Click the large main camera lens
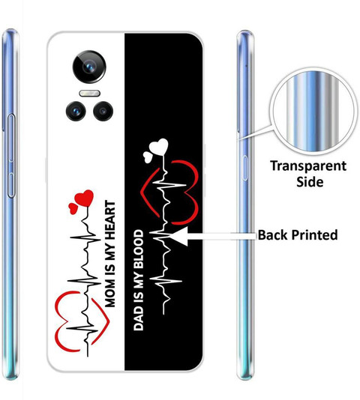(x=89, y=67)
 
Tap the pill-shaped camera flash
(x=89, y=93)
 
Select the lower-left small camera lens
(x=76, y=111)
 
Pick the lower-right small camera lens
(x=103, y=111)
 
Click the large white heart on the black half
(x=159, y=146)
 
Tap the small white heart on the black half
(x=147, y=157)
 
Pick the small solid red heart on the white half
(x=73, y=208)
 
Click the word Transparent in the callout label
(x=308, y=166)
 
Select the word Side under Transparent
(x=310, y=182)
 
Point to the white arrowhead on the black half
(x=180, y=236)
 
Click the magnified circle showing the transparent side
(x=313, y=112)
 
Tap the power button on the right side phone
(x=244, y=168)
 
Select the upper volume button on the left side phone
(x=11, y=138)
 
